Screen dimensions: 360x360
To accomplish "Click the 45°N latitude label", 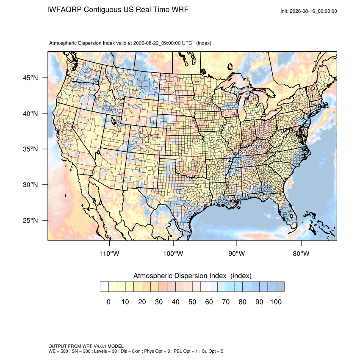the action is point(30,78).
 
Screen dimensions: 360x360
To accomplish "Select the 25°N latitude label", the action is point(30,220).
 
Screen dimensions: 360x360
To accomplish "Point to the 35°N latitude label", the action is point(30,149).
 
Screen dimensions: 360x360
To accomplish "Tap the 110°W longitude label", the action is point(109,253).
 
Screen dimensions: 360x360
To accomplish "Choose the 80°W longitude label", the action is point(301,253).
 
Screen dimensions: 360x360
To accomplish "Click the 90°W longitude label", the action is point(236,253).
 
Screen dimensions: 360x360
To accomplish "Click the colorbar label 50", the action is point(192,302).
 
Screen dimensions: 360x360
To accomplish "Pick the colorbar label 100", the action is point(276,302).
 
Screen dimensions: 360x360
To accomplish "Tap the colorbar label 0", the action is point(108,302).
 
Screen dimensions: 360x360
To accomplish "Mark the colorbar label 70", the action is point(226,302).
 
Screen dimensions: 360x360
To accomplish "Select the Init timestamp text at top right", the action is point(309,11).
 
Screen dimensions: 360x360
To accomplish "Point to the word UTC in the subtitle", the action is point(187,43).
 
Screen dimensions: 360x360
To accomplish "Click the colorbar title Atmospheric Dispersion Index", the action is point(180,276).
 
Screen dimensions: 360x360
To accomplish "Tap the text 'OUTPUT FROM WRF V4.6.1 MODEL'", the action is point(86,346).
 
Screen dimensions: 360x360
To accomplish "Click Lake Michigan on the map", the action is point(242,108).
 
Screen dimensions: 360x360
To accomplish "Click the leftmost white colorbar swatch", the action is point(104,287).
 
